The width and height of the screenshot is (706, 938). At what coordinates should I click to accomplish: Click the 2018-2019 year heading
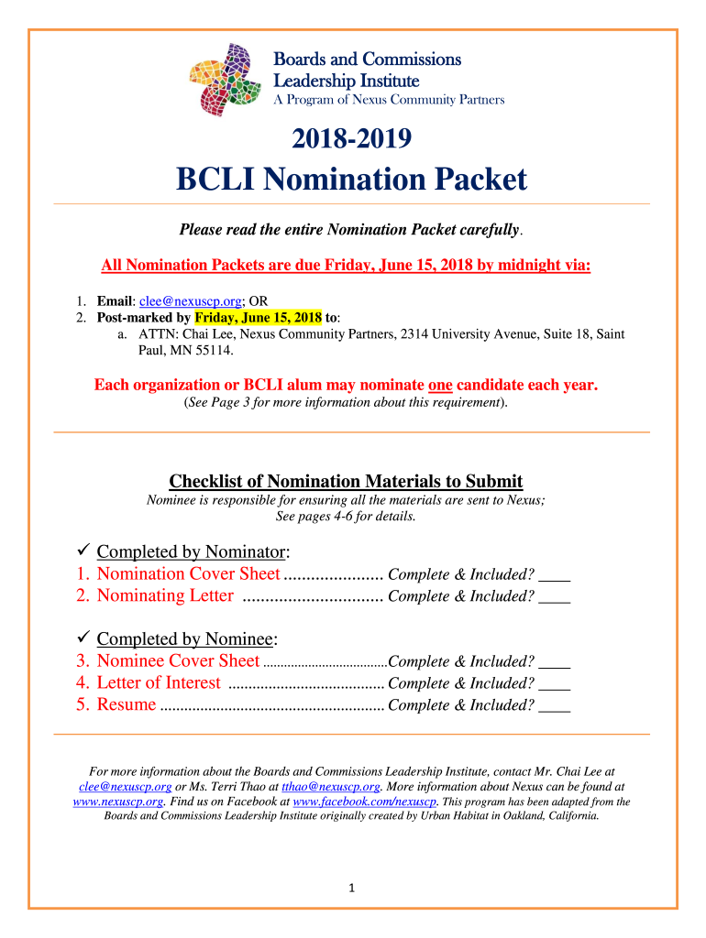tap(352, 139)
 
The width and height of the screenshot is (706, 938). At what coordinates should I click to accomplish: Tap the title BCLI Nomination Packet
tap(352, 180)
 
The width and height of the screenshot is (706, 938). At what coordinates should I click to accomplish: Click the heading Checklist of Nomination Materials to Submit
tap(346, 482)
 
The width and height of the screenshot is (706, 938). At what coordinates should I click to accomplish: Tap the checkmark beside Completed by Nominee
tap(80, 639)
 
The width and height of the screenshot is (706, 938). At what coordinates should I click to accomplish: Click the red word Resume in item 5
tap(126, 704)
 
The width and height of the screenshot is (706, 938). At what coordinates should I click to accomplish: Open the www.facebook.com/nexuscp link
tap(366, 802)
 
